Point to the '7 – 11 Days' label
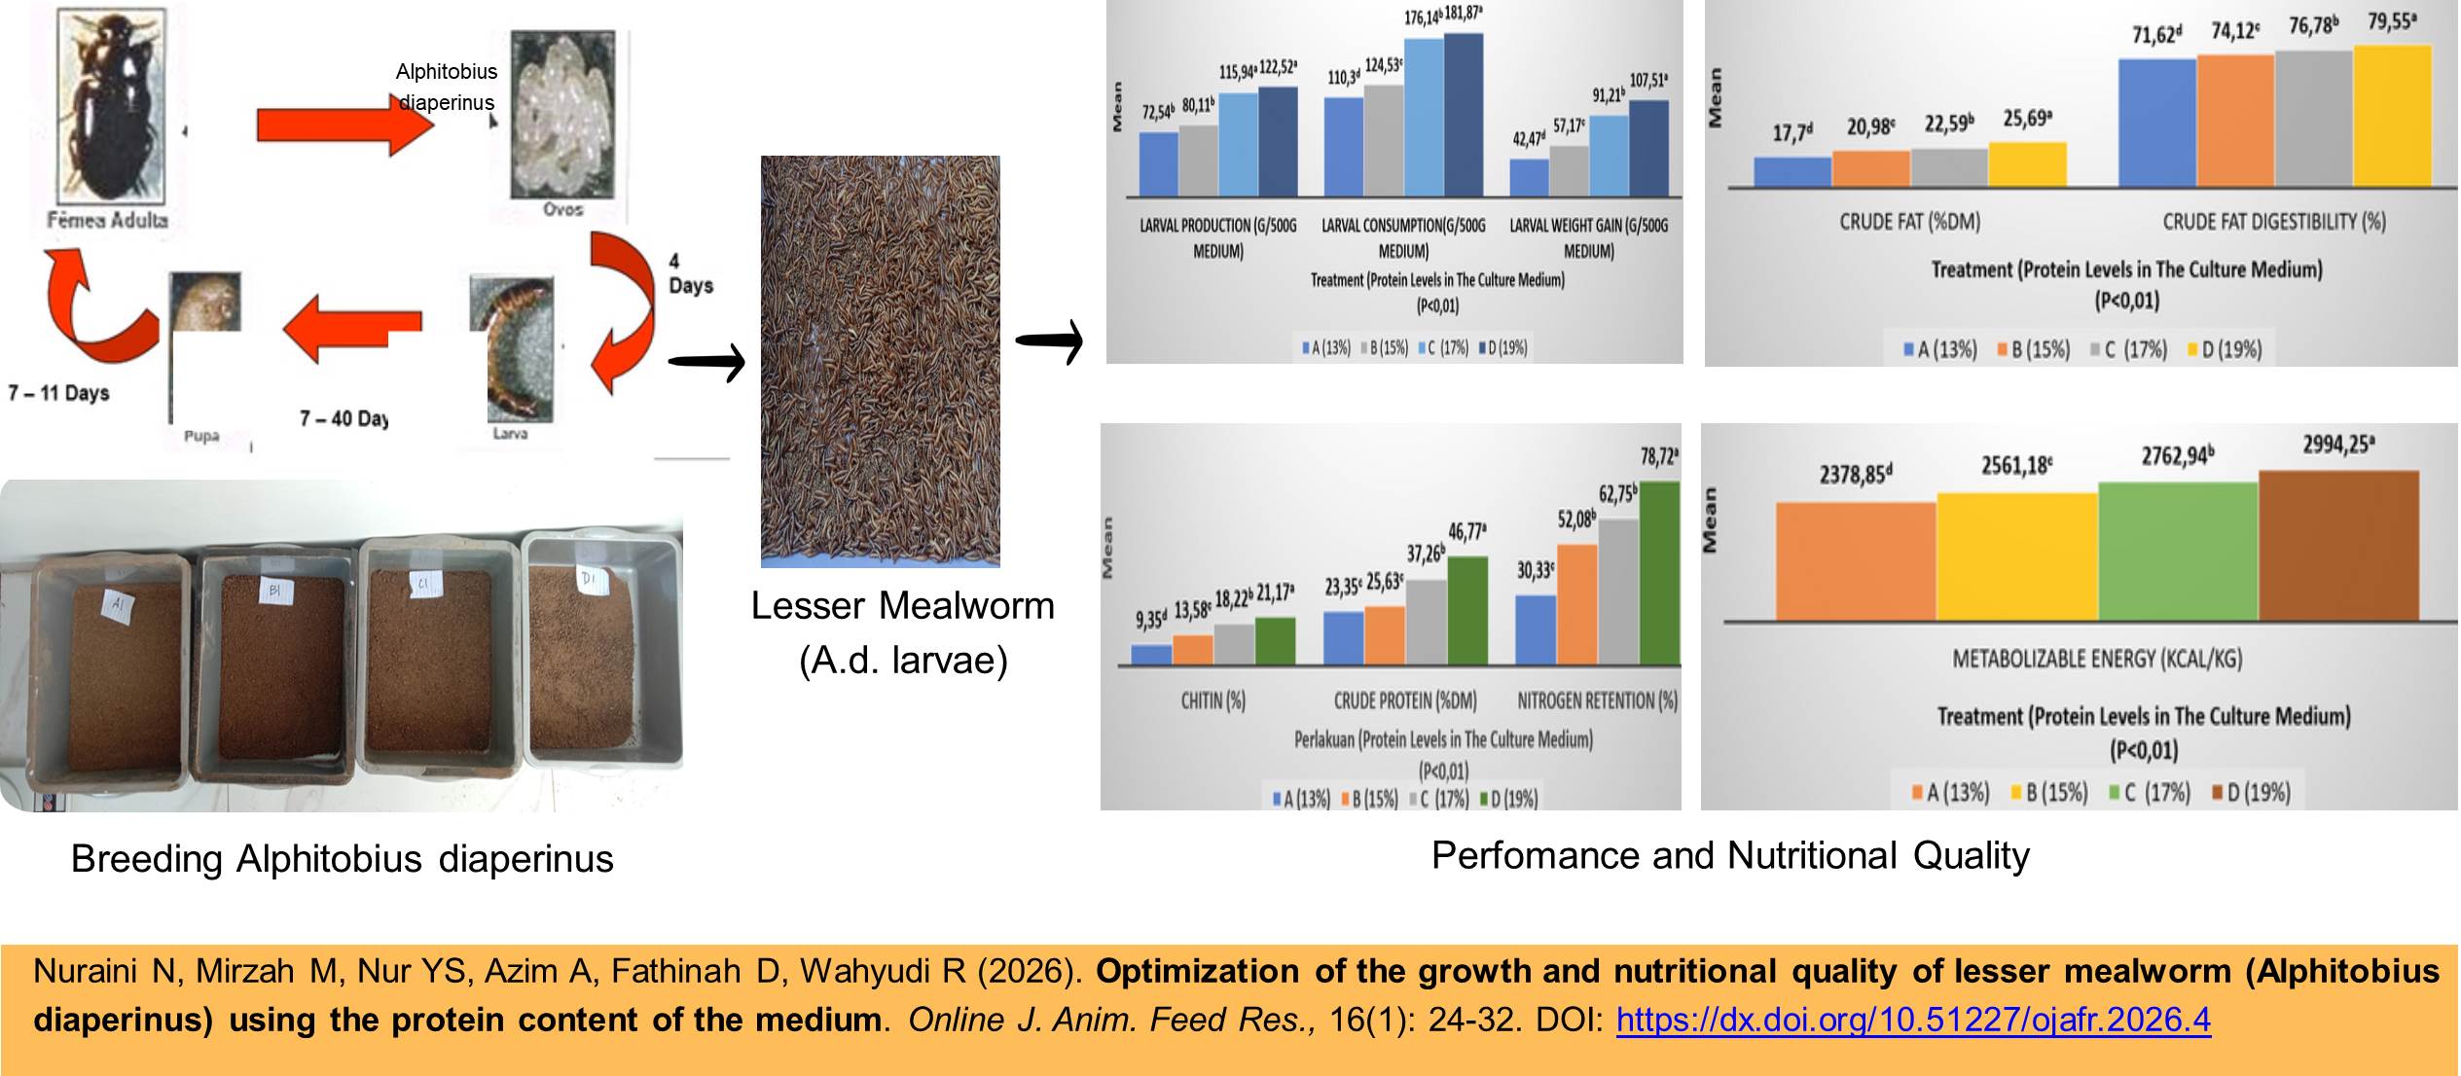click(x=59, y=393)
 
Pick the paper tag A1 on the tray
click(x=118, y=608)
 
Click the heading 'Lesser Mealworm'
click(x=902, y=606)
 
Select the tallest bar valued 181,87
click(x=1463, y=115)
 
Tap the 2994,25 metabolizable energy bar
click(x=2337, y=545)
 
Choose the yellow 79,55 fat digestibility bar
click(x=2391, y=115)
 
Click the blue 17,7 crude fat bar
click(x=1791, y=171)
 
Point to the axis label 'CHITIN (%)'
click(x=1212, y=700)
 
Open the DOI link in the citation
click(x=1913, y=1020)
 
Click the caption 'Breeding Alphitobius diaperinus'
click(x=342, y=859)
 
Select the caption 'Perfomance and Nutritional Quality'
click(x=1730, y=856)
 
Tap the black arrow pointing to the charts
click(x=1049, y=341)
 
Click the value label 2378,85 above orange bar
click(x=1855, y=475)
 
